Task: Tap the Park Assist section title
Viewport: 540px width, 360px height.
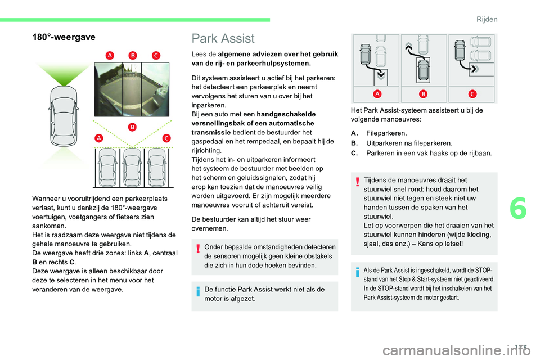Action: [223, 38]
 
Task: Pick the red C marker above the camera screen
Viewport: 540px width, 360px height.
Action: [156, 55]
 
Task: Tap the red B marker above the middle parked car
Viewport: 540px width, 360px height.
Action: [132, 127]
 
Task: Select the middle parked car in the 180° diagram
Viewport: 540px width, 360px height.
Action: [132, 167]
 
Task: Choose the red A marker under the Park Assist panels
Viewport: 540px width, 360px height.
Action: [376, 93]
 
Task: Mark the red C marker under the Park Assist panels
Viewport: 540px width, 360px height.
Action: [471, 93]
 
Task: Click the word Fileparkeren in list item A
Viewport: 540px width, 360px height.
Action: [386, 133]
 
